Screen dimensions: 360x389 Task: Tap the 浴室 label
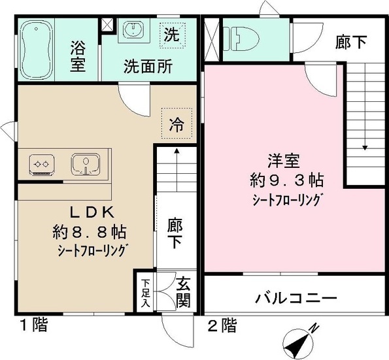tap(78, 57)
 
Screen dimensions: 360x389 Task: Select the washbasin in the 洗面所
tap(135, 31)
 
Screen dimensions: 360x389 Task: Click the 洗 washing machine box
tap(171, 34)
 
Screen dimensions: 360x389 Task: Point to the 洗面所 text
tap(148, 67)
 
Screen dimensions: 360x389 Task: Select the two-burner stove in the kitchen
tap(44, 163)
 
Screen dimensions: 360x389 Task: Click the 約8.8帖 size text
tap(90, 231)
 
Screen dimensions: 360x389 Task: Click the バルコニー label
tap(295, 299)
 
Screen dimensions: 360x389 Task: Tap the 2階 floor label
tap(223, 324)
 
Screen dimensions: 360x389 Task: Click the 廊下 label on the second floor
tap(351, 42)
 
